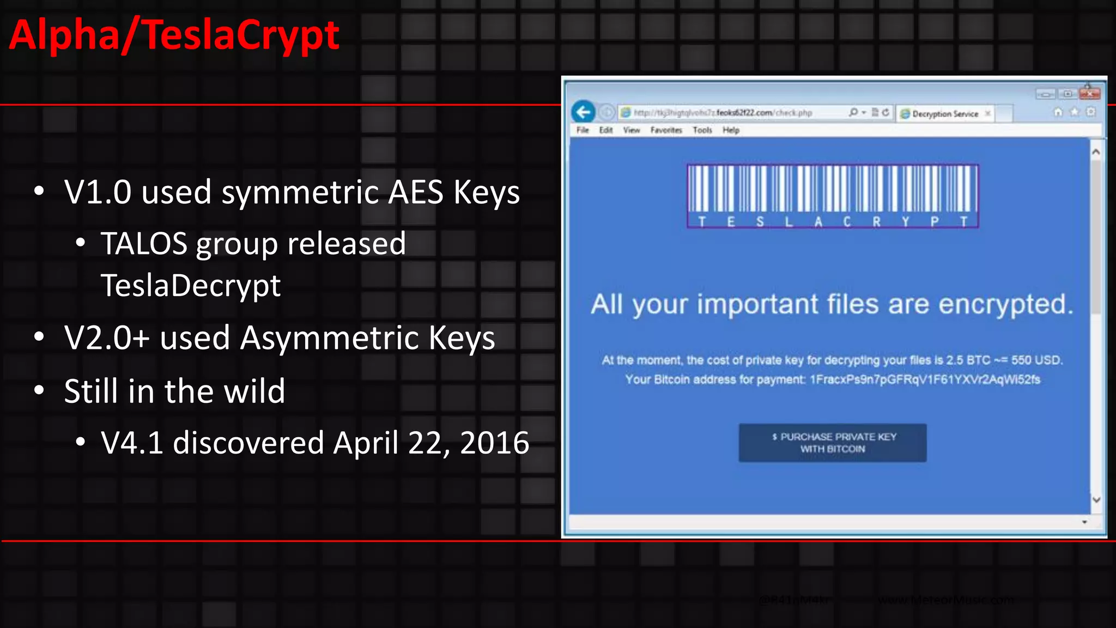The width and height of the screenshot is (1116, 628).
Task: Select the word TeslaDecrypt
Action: [x=191, y=285]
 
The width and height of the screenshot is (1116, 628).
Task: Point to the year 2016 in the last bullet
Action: [x=494, y=443]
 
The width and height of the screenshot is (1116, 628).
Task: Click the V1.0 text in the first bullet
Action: [x=98, y=192]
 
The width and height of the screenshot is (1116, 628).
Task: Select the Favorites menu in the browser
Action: [x=666, y=130]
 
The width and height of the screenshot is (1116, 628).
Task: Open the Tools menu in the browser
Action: [x=702, y=130]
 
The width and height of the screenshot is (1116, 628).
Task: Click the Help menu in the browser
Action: [x=731, y=130]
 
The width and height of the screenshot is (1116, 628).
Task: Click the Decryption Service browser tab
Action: [x=945, y=114]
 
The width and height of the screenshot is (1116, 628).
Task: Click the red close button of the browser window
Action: [x=1089, y=94]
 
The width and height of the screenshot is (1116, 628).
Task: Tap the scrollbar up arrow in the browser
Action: [x=1096, y=152]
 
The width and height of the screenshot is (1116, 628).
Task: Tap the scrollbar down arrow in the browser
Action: [x=1096, y=499]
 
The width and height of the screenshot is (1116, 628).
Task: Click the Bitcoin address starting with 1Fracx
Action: [x=925, y=379]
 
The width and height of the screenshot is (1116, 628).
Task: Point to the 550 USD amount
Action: [x=1036, y=360]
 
